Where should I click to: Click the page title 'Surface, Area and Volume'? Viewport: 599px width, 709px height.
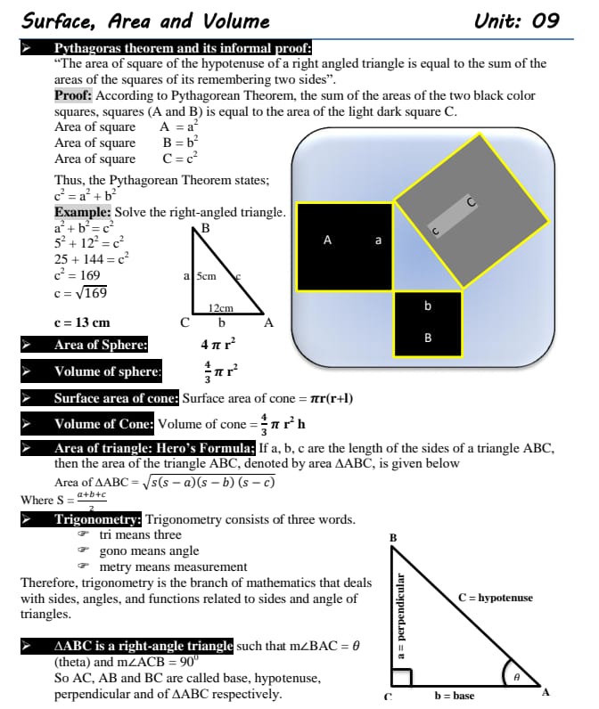click(146, 20)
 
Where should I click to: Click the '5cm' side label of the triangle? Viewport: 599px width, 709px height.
click(206, 276)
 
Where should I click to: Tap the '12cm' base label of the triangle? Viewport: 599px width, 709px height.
click(220, 308)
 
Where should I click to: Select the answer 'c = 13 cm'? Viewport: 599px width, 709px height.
click(82, 322)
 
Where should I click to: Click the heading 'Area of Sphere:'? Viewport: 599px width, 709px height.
click(101, 345)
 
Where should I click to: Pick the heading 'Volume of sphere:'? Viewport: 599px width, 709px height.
click(108, 371)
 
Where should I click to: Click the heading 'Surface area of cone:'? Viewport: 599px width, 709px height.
click(116, 398)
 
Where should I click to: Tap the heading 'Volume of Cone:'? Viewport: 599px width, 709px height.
click(103, 424)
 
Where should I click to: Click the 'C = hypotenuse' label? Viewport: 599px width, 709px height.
click(495, 598)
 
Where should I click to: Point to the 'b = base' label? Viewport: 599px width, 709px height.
click(454, 696)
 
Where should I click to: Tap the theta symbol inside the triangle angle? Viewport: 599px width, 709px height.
click(516, 678)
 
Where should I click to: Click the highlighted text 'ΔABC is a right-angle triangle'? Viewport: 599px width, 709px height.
click(144, 645)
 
